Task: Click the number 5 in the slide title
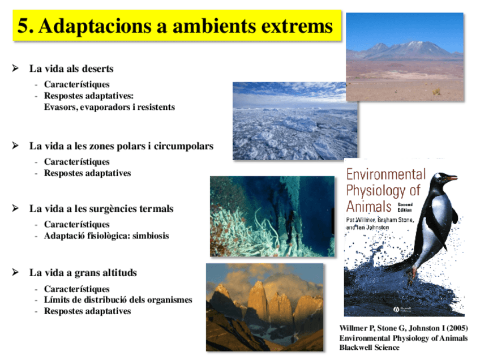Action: click(23, 26)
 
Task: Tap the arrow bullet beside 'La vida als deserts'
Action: click(15, 68)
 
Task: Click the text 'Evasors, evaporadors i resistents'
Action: click(109, 106)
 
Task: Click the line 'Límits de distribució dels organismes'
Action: click(118, 300)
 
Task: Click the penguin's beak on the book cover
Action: click(450, 179)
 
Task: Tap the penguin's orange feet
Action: click(412, 273)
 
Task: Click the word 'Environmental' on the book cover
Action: click(385, 174)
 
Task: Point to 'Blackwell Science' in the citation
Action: click(369, 348)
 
